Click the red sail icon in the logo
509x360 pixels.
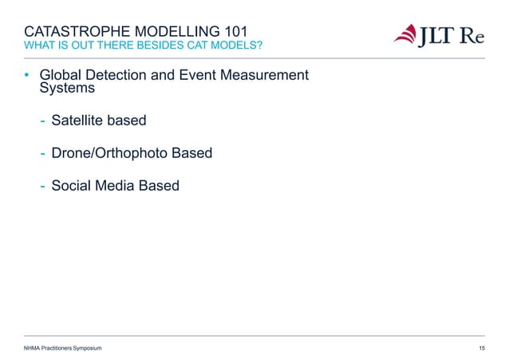408,36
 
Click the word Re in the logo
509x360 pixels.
477,36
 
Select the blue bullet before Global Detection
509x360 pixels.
26,76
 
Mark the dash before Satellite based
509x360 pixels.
42,121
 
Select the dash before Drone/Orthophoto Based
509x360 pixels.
42,152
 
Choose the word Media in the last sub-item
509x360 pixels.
115,185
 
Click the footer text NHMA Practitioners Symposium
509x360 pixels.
62,349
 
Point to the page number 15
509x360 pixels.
481,349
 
